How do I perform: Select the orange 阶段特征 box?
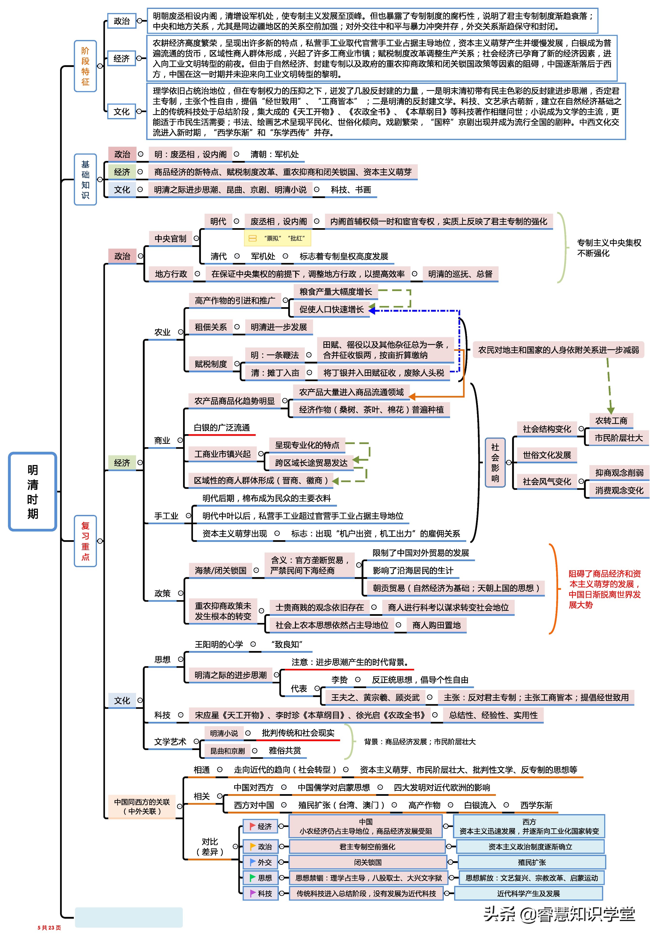tap(85, 66)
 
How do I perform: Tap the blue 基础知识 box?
tap(85, 179)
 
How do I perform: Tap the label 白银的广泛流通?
tap(222, 428)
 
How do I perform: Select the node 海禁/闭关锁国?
tap(220, 571)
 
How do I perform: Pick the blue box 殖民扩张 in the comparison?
tap(532, 862)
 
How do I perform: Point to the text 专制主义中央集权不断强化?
tap(609, 248)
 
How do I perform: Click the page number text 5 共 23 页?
tap(49, 928)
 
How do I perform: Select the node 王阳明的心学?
tap(219, 644)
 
